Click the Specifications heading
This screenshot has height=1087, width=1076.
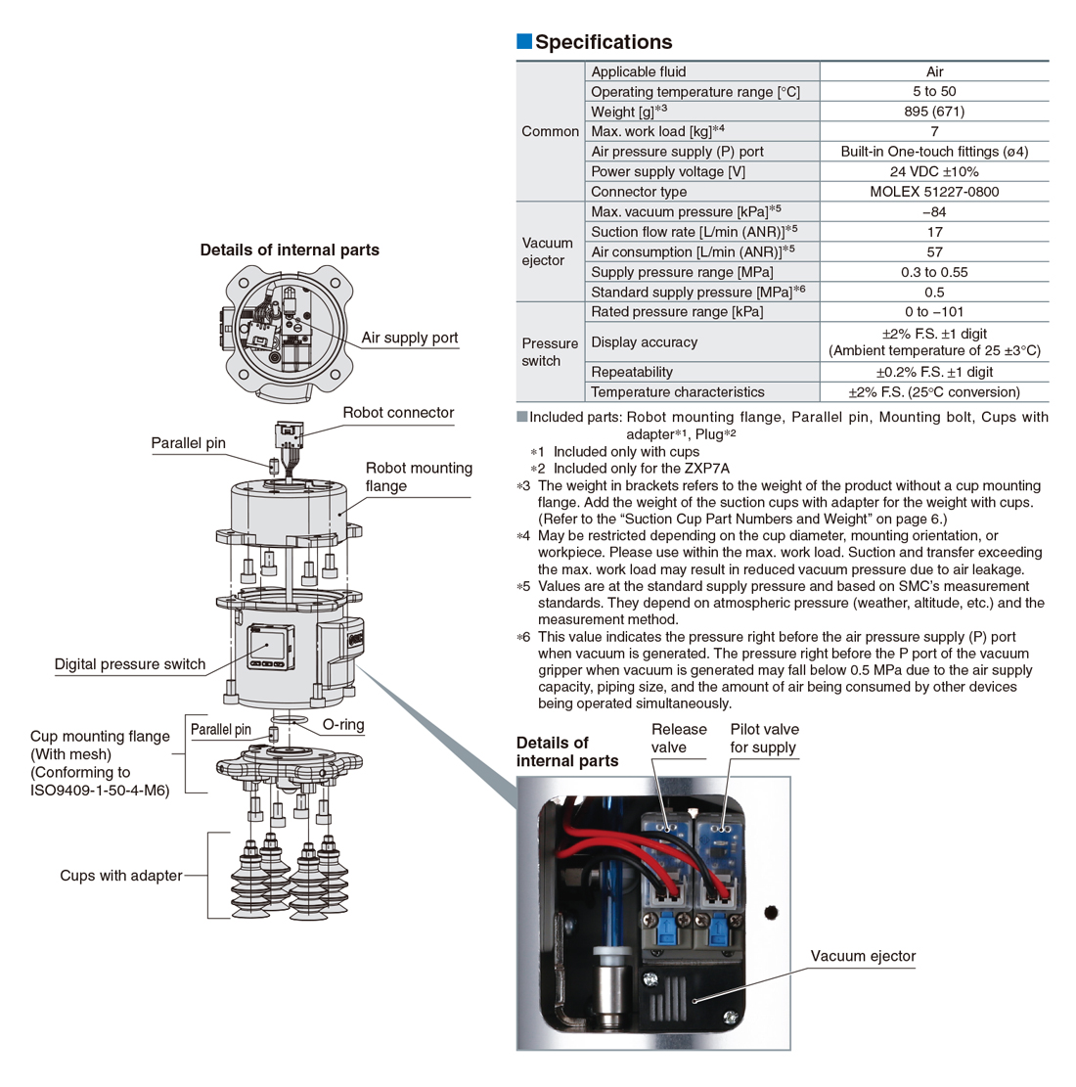coord(604,42)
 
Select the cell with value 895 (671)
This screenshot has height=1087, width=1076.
coord(934,112)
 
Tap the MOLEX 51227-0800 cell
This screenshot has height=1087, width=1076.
coord(934,192)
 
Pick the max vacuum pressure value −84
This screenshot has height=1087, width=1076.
coord(934,212)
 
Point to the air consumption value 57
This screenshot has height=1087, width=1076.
coord(934,252)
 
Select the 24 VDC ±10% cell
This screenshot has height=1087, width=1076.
coord(934,171)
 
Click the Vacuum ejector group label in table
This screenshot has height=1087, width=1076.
coord(548,251)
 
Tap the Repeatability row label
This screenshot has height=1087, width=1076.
coord(632,372)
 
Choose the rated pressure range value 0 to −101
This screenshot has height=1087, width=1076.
coord(934,312)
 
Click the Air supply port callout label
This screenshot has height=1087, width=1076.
coord(409,338)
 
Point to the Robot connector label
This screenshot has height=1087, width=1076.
coord(398,413)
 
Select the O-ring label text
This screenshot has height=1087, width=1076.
coord(342,725)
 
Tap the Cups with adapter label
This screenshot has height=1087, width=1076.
coord(120,876)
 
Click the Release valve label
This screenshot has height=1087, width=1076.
coord(679,738)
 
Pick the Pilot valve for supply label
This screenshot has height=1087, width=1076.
coord(764,738)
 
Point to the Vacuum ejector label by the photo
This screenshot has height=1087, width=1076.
coord(863,956)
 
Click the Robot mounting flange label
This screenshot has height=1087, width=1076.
coord(419,476)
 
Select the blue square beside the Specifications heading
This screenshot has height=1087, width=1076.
coord(523,41)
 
